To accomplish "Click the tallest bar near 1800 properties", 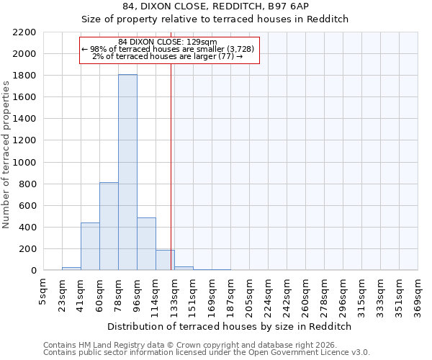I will [x=127, y=173].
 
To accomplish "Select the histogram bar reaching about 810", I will [x=109, y=227].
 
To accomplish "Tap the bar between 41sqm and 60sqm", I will [x=90, y=247].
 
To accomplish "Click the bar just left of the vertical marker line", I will [x=165, y=260].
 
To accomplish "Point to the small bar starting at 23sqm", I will [x=71, y=269].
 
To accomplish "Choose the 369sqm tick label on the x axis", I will [x=418, y=295].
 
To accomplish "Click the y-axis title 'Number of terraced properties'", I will [x=6, y=155].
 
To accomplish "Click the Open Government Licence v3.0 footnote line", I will [x=207, y=353].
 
